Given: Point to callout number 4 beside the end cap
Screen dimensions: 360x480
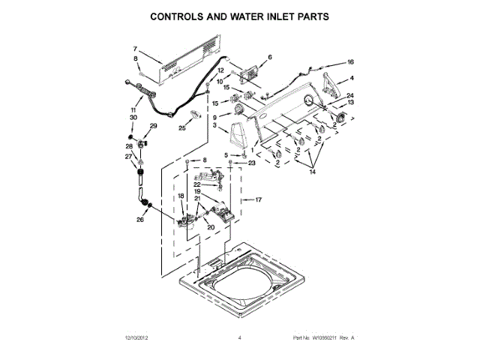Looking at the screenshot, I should point(352,78).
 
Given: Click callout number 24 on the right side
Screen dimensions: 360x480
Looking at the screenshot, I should point(349,95).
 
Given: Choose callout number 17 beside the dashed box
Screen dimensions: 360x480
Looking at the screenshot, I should point(258,200).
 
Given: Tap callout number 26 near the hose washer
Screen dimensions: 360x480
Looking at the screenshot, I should point(139,220).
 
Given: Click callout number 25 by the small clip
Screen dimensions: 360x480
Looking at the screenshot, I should point(181,128).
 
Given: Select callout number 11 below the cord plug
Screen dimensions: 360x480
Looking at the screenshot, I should point(133,110).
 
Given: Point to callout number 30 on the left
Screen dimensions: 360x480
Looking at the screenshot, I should point(133,118).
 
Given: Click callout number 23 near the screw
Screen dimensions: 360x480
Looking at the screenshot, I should point(252,163).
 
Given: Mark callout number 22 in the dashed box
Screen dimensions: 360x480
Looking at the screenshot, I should point(197,184).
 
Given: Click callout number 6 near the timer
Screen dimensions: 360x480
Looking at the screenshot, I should point(269,57).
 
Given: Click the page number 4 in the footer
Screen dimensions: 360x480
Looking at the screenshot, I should point(239,338).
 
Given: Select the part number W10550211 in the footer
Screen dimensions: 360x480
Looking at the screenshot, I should point(323,338).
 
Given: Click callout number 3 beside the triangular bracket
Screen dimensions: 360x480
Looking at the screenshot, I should point(215,127).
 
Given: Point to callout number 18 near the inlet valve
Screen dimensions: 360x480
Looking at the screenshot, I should point(181,196).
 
